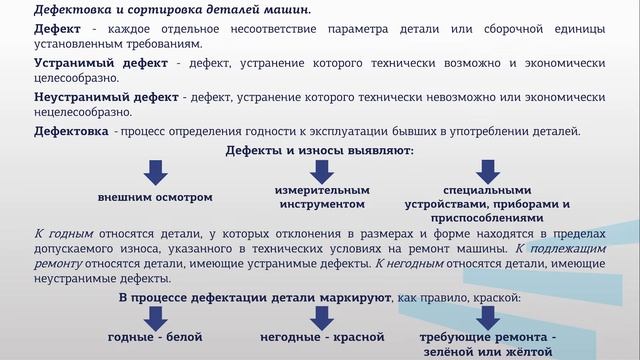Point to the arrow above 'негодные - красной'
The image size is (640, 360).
pos(321,318)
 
